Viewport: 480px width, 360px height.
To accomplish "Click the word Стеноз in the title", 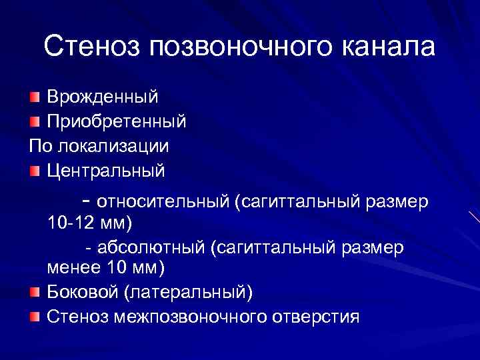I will [x=91, y=47].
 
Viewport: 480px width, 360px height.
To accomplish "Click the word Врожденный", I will [x=102, y=97].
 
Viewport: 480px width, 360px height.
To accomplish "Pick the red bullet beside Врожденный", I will [x=35, y=98].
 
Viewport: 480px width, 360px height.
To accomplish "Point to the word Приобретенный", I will [x=116, y=122].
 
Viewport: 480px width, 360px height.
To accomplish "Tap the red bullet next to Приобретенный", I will [x=35, y=122].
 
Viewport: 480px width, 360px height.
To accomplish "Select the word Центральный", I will [x=105, y=171].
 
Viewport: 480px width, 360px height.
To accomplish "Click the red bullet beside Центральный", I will [x=35, y=171].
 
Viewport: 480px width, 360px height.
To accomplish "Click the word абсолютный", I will [x=151, y=248].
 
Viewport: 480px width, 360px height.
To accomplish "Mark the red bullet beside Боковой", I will [x=35, y=292].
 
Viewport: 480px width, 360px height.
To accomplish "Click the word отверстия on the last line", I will [x=315, y=317].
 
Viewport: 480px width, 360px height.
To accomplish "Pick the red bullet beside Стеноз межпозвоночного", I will [x=35, y=316].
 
